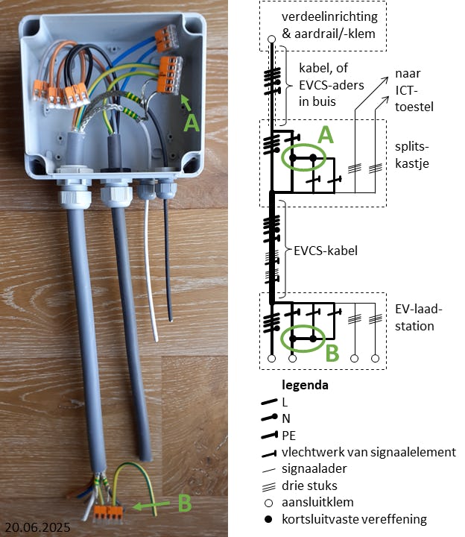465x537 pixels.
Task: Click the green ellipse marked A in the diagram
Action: tap(303, 159)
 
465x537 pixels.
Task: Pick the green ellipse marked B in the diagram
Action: tap(303, 338)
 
